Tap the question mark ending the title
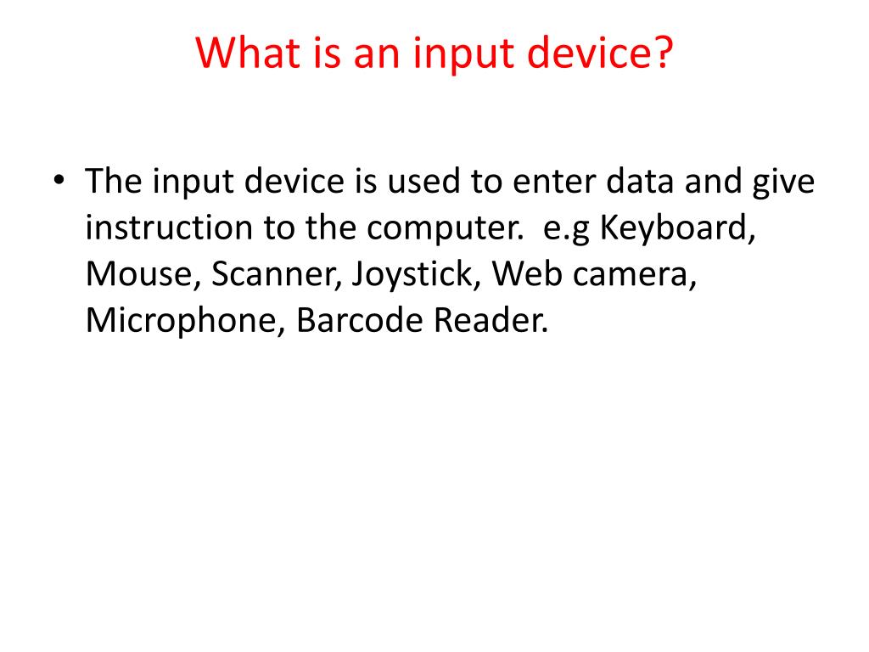[x=660, y=53]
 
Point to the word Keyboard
[x=677, y=228]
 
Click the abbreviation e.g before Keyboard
[x=563, y=230]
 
